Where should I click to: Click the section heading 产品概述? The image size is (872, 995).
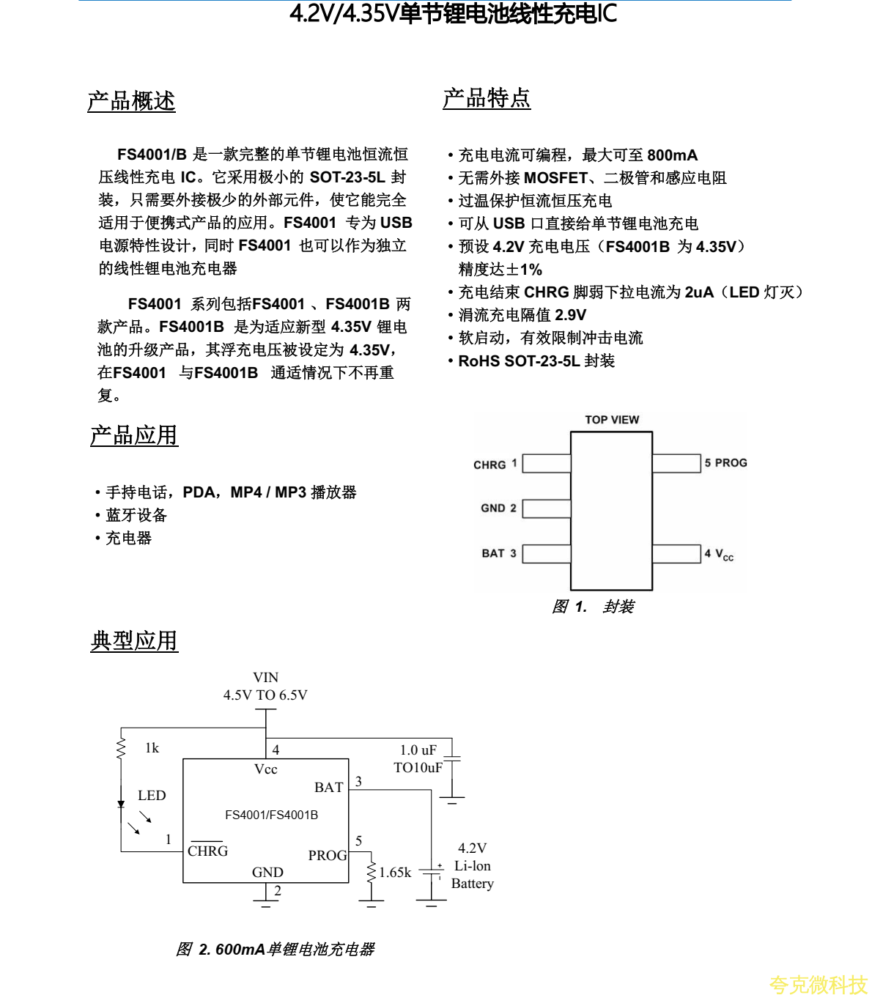[131, 101]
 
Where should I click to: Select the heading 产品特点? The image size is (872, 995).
[487, 98]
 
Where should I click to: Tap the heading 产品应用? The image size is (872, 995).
[134, 435]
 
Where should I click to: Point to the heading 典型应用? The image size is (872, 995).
[134, 640]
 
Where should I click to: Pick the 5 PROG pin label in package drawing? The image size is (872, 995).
[725, 463]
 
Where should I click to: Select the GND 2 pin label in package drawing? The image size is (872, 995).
[498, 508]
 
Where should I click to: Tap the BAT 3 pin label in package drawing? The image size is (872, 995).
[498, 553]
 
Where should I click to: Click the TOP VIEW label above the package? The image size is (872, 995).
[612, 420]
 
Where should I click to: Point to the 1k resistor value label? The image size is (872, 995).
[152, 748]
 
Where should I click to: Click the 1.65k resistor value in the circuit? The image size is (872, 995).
[395, 873]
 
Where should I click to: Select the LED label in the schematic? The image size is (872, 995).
[152, 796]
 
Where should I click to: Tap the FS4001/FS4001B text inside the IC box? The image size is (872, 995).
[271, 815]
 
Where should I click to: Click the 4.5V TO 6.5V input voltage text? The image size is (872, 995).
[265, 695]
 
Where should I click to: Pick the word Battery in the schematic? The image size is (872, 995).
[473, 884]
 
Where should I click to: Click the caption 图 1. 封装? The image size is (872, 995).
[593, 607]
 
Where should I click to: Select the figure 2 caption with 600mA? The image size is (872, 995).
[276, 950]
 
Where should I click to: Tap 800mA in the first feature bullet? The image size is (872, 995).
[673, 155]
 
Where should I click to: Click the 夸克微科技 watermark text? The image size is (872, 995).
[818, 985]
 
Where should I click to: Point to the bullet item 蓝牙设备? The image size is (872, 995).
[136, 515]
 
